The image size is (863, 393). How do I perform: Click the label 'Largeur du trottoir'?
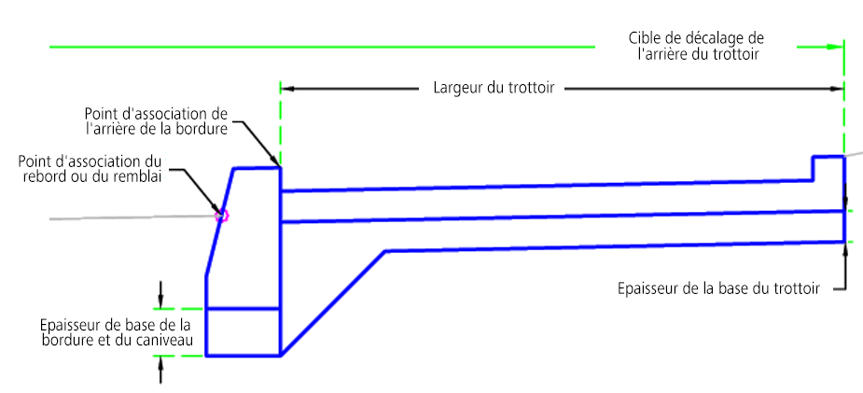pos(494,88)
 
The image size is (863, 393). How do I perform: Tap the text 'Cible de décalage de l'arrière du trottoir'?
pos(696,47)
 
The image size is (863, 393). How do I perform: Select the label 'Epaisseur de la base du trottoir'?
pos(718,288)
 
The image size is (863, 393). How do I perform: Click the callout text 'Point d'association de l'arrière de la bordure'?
pos(156,121)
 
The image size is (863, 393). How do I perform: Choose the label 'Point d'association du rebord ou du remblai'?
pos(90,170)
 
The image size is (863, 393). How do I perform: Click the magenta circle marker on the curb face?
pos(221,216)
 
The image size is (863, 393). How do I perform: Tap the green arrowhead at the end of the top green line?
pos(834,48)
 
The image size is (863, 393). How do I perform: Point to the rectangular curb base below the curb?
pos(244,332)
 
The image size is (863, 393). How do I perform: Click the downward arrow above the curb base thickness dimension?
pos(160,294)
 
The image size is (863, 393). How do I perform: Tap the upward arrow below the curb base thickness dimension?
pos(160,370)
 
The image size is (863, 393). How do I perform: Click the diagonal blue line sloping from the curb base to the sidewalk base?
pos(333,303)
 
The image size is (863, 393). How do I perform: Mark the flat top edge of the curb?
pos(257,168)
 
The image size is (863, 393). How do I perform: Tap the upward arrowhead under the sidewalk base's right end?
pos(845,250)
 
